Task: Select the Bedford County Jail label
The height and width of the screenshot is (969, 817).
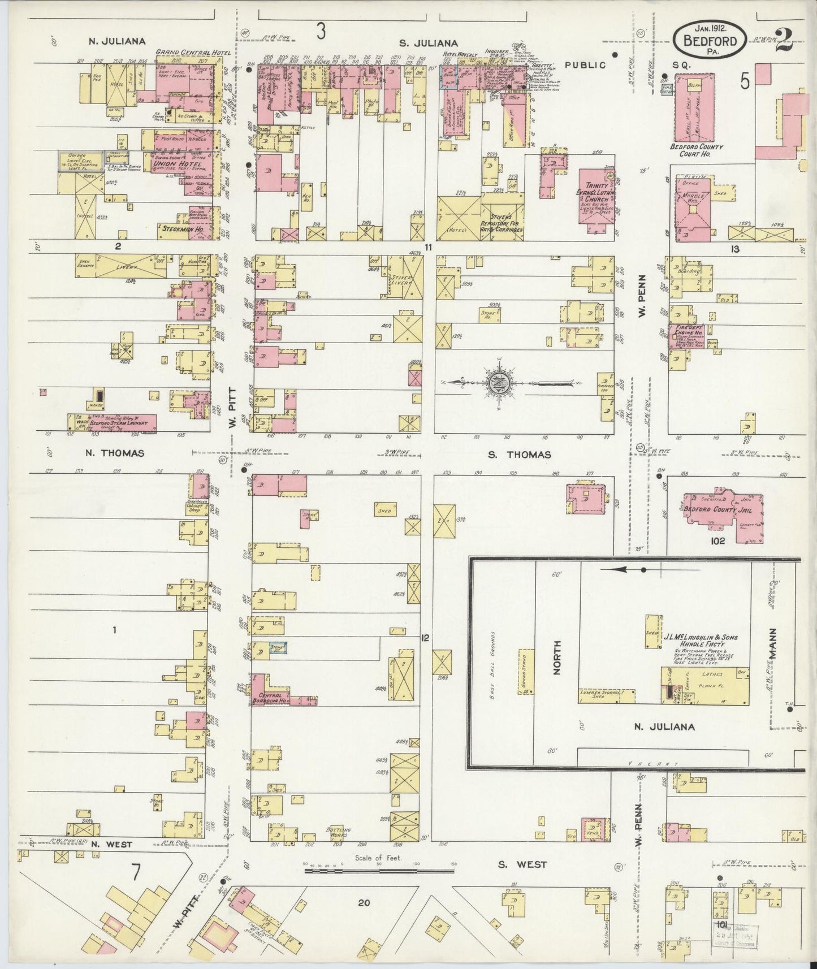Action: (712, 509)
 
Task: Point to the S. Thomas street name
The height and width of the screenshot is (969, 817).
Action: (520, 455)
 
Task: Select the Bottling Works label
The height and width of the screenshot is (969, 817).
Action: (339, 832)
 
